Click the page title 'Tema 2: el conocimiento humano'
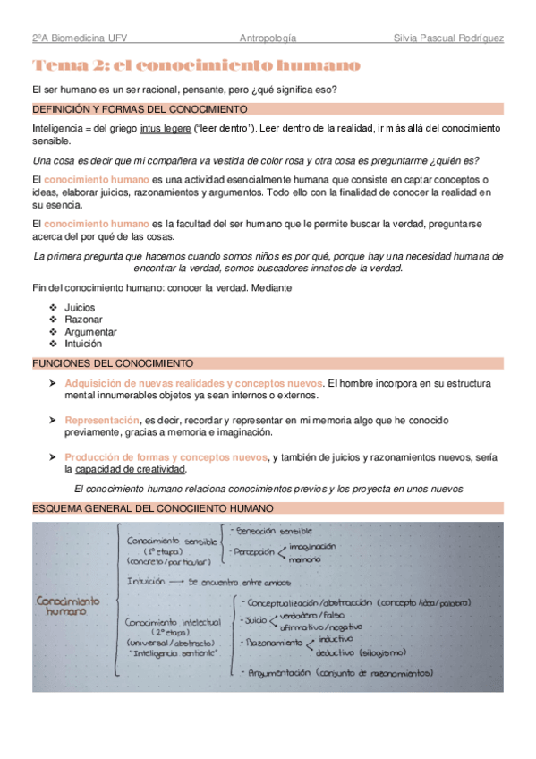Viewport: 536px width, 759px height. [196, 66]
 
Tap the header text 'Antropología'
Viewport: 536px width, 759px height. [268, 38]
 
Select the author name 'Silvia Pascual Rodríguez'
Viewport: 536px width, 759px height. [448, 38]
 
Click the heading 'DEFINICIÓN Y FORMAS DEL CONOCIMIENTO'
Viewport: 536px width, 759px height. [140, 109]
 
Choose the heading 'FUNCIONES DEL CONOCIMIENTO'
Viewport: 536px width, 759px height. [112, 363]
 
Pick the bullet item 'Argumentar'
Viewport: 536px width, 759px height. [89, 332]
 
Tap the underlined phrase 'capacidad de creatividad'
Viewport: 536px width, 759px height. [131, 469]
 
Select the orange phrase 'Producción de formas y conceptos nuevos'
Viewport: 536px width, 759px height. [166, 456]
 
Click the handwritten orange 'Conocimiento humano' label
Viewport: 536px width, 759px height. [68, 606]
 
